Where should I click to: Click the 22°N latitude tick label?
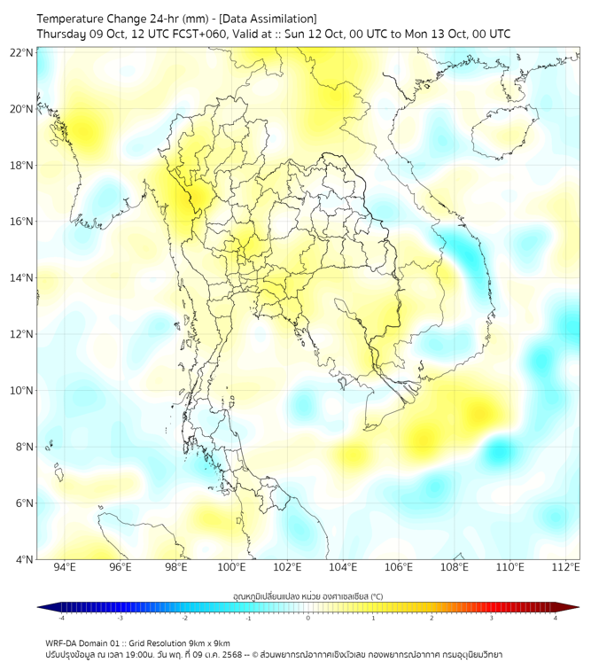[22, 52]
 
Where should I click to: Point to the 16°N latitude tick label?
[22, 222]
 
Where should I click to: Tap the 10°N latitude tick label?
[22, 391]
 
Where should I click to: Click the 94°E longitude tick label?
[65, 568]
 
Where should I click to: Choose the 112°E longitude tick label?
[565, 568]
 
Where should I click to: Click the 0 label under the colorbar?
[308, 618]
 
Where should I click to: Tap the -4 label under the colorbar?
[60, 618]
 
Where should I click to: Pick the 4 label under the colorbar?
[556, 618]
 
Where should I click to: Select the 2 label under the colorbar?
[432, 618]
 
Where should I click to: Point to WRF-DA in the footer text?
[61, 643]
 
